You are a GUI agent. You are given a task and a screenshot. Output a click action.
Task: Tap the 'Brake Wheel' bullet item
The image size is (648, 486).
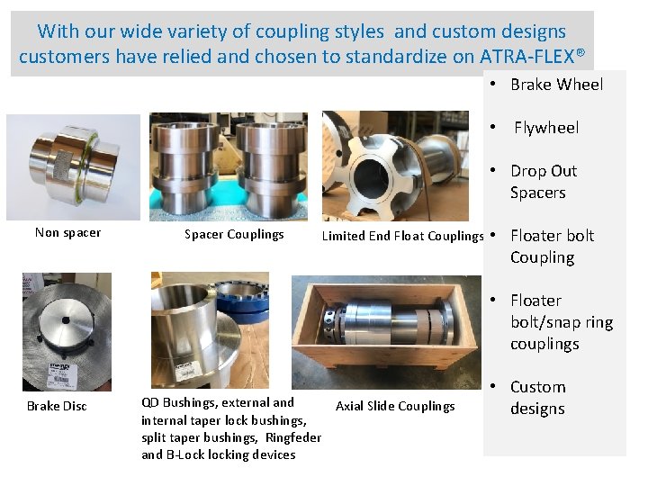(556, 85)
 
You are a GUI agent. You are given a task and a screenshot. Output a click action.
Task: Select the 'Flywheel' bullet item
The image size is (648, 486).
(546, 128)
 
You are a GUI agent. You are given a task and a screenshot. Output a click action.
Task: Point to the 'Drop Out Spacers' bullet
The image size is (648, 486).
(543, 182)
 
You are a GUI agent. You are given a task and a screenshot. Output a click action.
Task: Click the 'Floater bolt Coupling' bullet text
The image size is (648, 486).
(551, 247)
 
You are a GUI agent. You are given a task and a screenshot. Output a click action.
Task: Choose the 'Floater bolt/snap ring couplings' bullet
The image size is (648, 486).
(560, 322)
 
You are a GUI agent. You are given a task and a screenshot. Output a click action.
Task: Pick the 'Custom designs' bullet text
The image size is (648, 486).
(537, 398)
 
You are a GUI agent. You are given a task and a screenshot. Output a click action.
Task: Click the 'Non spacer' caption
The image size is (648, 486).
(68, 233)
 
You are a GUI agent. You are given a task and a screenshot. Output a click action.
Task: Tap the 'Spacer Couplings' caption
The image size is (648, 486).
(234, 235)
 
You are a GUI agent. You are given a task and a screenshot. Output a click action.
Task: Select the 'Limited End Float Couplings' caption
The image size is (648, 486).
(402, 236)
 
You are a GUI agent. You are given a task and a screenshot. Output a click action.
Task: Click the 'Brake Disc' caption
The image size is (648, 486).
(57, 406)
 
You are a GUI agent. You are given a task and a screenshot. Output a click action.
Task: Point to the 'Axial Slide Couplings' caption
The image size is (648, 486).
(395, 406)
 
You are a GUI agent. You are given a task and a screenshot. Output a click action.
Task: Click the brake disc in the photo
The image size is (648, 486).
(67, 332)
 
